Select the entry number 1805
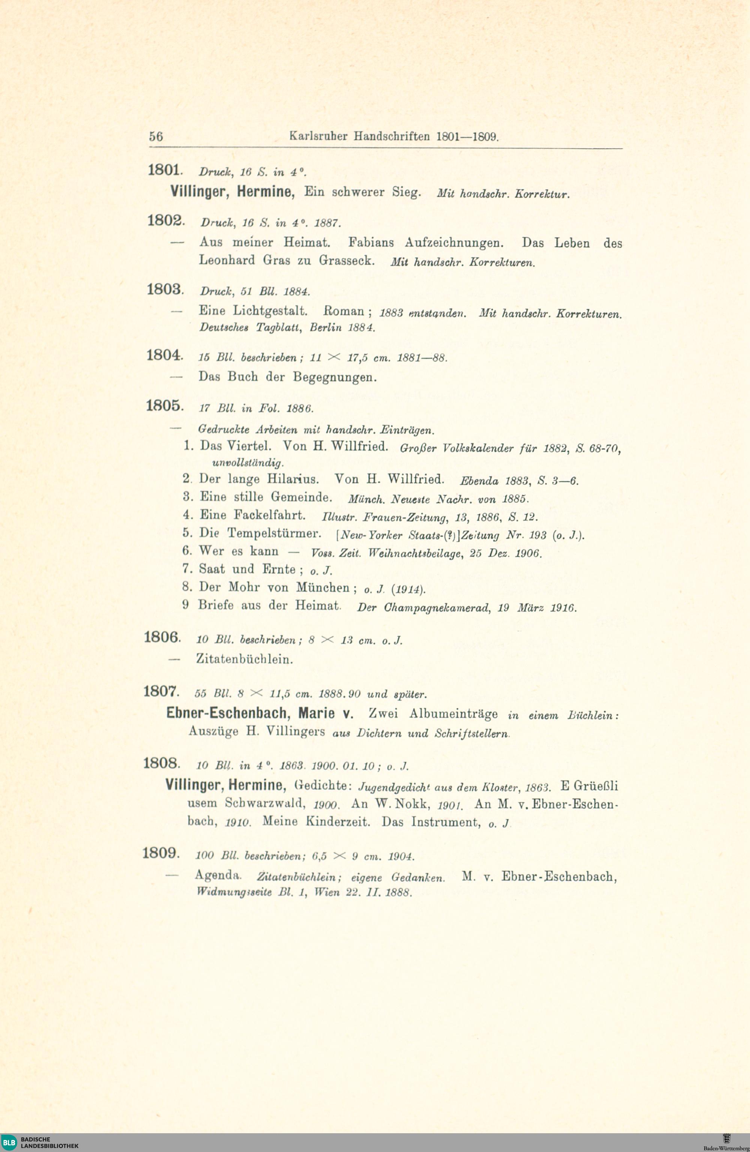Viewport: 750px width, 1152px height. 164,406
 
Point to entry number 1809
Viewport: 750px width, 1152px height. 160,852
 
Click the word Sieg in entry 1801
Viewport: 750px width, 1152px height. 406,192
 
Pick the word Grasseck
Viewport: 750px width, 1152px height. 346,261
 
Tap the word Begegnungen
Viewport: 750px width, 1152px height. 334,377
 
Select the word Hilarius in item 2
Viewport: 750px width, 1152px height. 293,479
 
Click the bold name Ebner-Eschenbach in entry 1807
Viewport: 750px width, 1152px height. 226,713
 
